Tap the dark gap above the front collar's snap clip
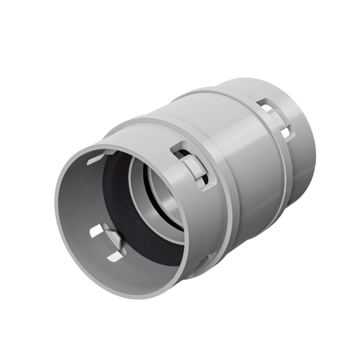pyautogui.click(x=181, y=152)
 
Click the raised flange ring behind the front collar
pyautogui.click(x=229, y=196)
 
